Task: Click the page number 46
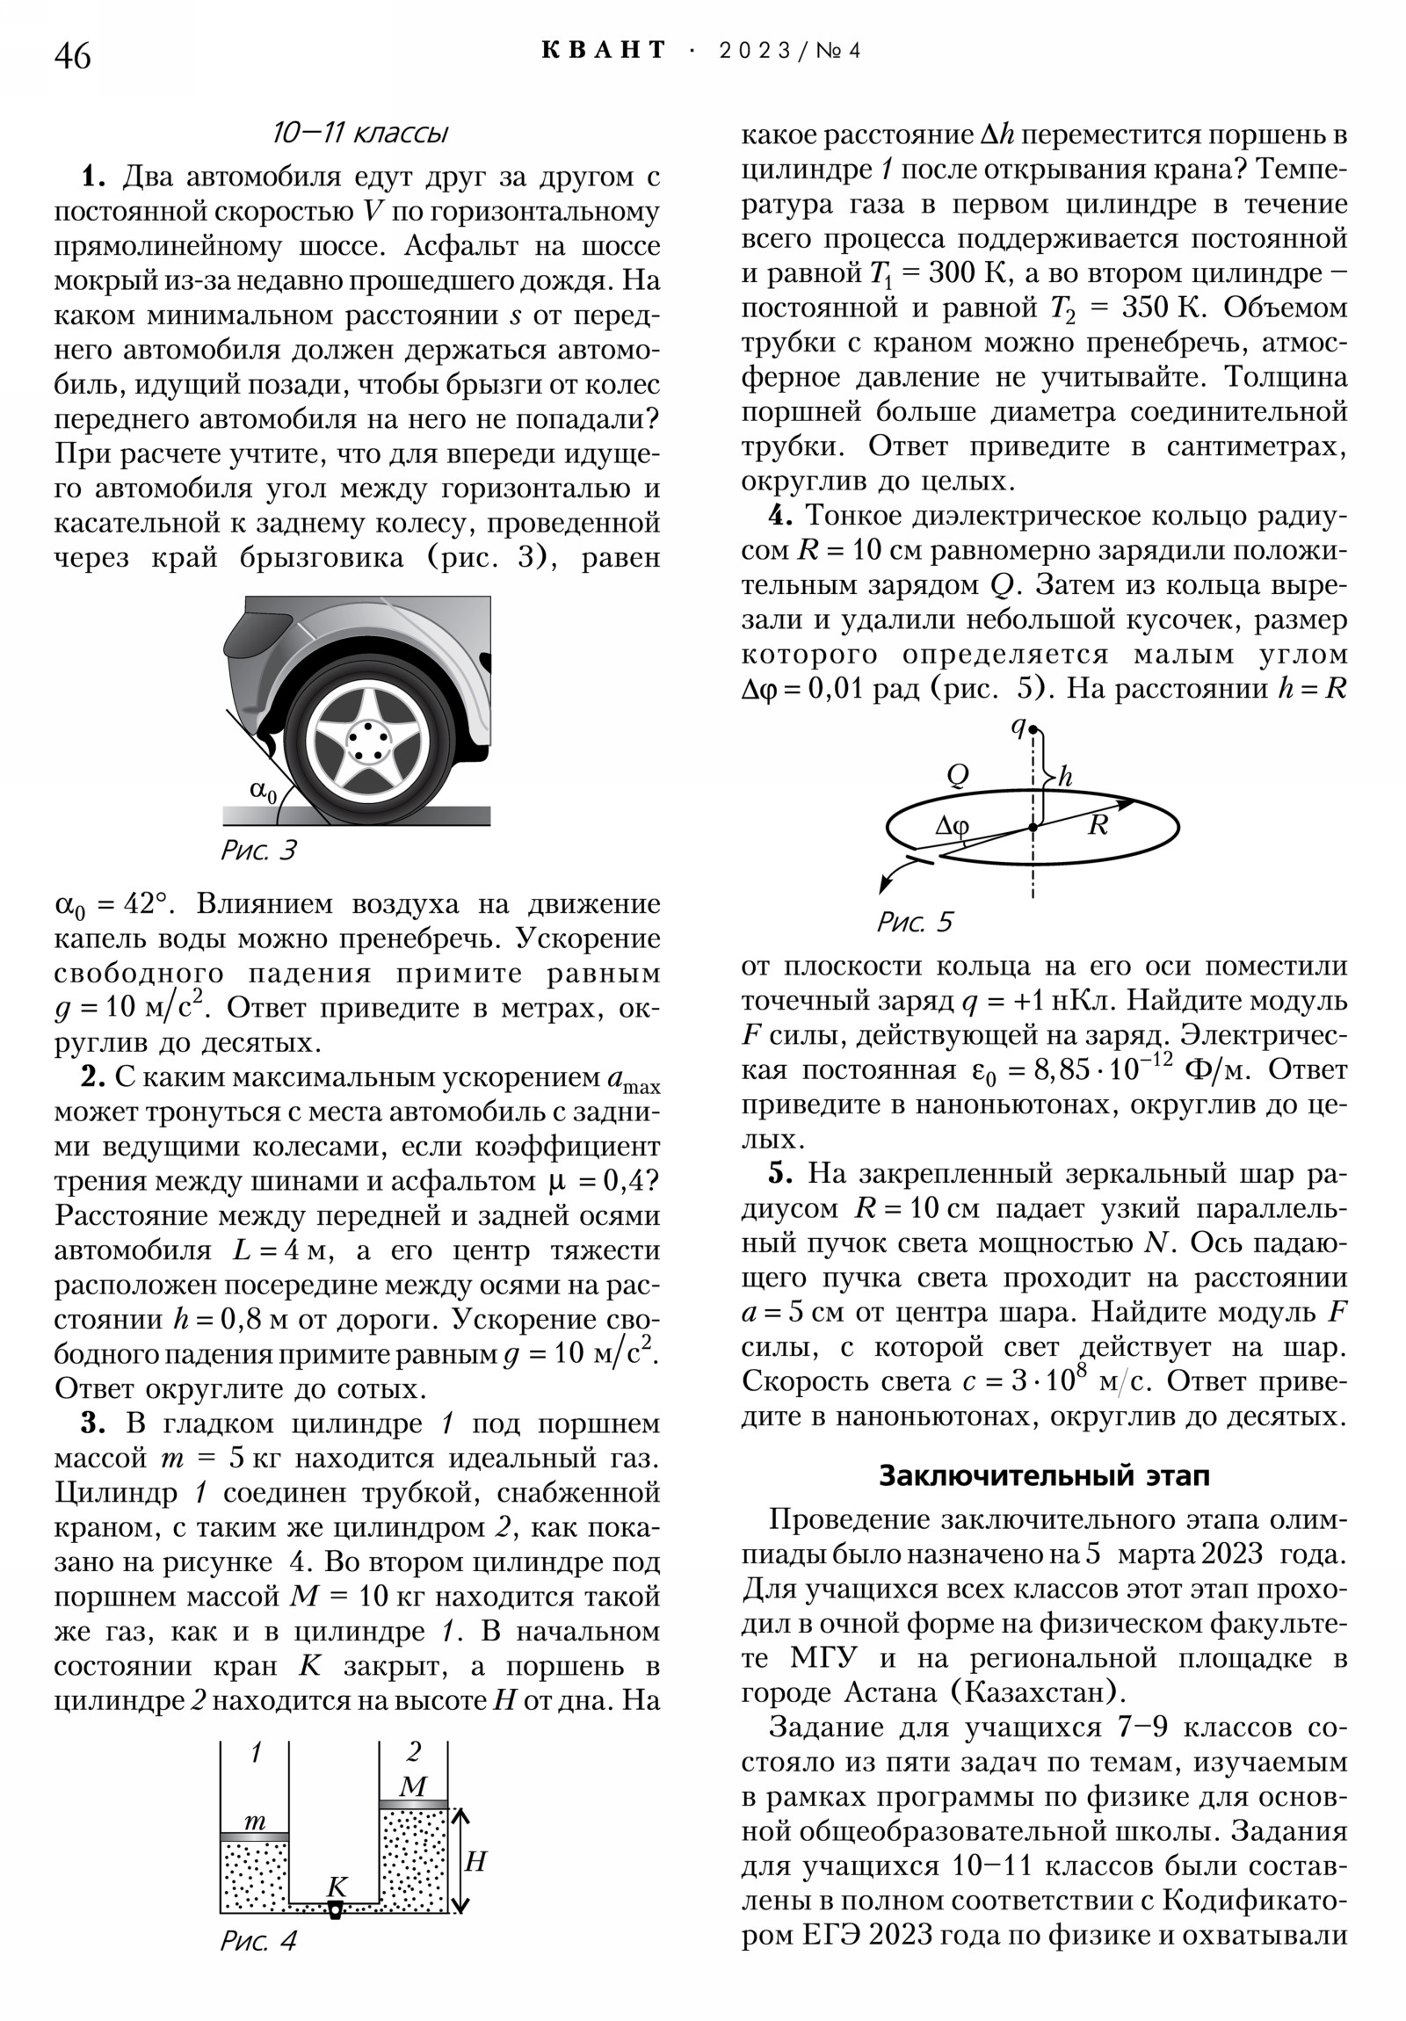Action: pos(72,56)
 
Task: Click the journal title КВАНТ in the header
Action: pos(604,50)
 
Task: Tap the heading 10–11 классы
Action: pos(360,133)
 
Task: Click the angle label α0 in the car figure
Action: pos(263,793)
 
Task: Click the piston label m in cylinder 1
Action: pos(255,1820)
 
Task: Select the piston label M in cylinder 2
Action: pos(412,1786)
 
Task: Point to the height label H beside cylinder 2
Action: pos(475,1861)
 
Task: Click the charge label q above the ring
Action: pos(1018,727)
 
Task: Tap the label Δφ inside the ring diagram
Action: pos(952,825)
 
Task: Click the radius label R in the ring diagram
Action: pos(1097,826)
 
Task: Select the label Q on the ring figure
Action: pos(957,775)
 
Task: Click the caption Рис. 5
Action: pos(914,922)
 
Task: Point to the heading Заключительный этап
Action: pos(1044,1475)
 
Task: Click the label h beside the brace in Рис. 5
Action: pos(1065,777)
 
